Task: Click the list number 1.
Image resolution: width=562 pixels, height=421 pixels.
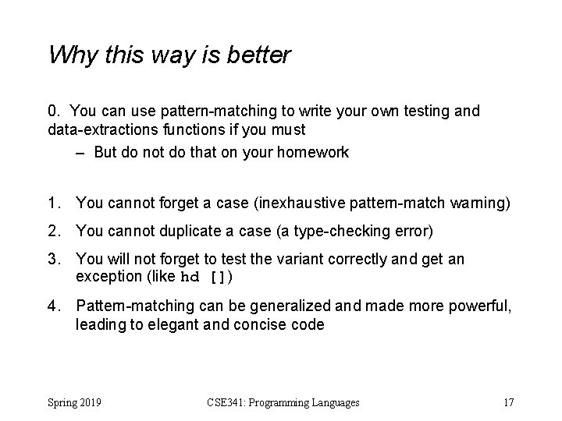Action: (x=54, y=203)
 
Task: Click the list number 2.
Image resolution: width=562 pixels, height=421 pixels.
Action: (x=54, y=231)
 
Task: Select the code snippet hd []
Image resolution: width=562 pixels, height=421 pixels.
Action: (x=207, y=277)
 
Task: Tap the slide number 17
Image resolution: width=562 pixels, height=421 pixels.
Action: (x=508, y=402)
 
